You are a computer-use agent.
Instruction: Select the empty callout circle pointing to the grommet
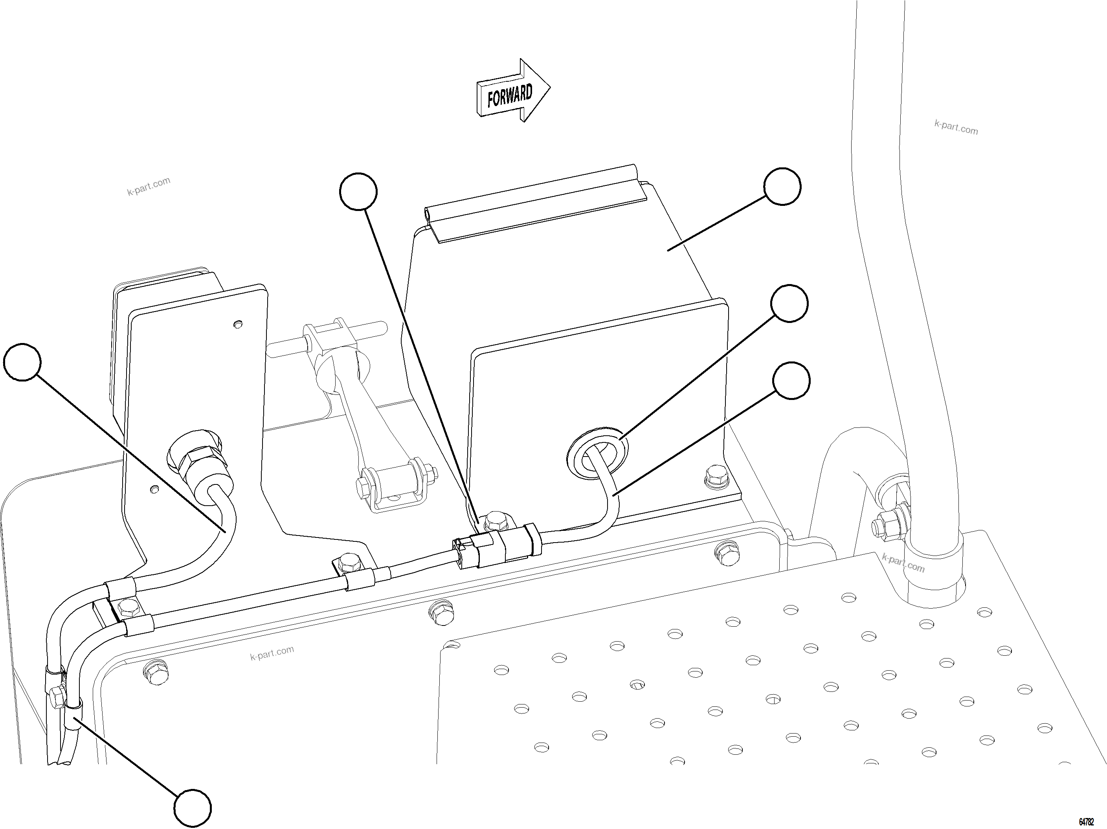coord(789,304)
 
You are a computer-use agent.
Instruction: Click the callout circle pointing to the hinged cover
coord(782,187)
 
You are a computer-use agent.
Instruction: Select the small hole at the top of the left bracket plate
coord(238,325)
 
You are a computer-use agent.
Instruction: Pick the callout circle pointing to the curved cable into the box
coord(791,381)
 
